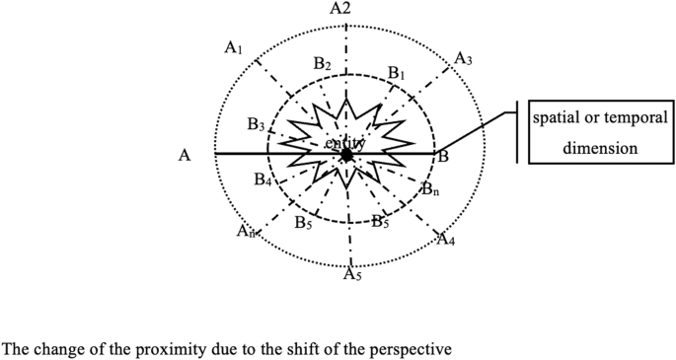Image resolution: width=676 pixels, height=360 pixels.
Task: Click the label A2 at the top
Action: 340,9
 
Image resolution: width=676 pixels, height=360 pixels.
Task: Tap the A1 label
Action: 234,46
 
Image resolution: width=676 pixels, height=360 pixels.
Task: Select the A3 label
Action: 463,60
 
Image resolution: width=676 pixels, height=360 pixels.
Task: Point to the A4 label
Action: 445,240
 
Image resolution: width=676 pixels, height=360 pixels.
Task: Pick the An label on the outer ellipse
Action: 246,231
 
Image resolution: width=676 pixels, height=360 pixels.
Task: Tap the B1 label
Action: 397,73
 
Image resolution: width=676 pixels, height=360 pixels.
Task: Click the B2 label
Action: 322,64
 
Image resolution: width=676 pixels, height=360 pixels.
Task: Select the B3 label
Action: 256,125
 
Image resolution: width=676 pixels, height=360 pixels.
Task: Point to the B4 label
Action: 262,180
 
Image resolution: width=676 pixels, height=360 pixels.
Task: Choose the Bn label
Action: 429,187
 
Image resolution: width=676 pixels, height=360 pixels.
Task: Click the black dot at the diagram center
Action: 346,155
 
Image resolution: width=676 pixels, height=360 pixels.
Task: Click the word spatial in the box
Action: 556,118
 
